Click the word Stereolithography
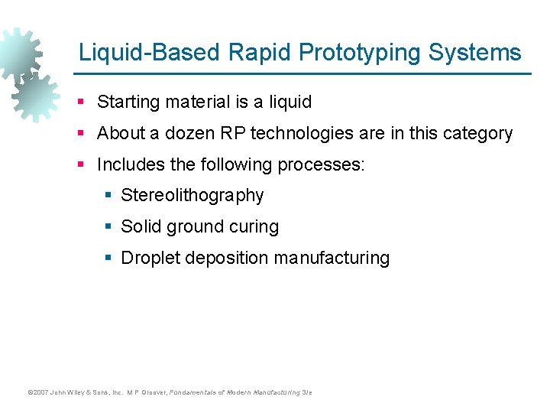(192, 196)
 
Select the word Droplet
(148, 259)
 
